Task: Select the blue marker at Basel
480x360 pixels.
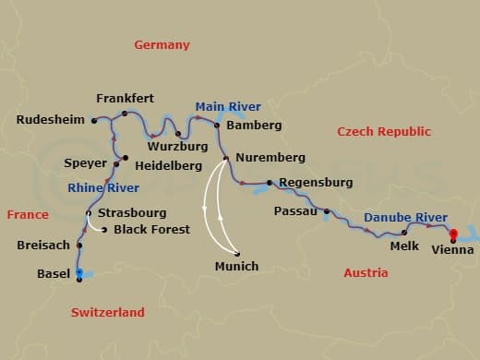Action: point(79,272)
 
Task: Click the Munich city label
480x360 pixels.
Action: point(237,267)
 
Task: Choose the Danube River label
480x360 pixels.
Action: point(405,218)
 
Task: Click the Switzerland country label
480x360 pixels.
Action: point(108,312)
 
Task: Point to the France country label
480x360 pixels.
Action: point(28,214)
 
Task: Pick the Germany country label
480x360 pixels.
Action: point(162,45)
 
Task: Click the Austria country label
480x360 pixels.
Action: point(366,273)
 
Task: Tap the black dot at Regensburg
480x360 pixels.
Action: point(269,183)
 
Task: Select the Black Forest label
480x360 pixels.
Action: point(151,229)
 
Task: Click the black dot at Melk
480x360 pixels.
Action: point(404,233)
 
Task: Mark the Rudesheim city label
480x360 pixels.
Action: point(51,119)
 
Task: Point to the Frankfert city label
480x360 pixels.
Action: point(125,99)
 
